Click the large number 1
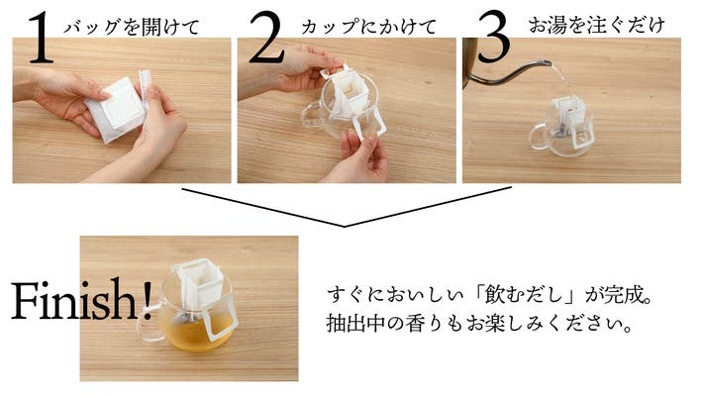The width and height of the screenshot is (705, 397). point(41,38)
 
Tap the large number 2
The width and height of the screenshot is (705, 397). point(266,38)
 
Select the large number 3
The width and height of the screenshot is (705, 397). point(494,37)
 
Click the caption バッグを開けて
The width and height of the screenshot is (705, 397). point(132,27)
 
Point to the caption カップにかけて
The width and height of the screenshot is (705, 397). point(368,27)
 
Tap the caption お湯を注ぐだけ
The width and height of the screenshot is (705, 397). point(596,25)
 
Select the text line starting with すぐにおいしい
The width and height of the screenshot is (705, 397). point(489,295)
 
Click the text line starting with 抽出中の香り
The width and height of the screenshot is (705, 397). point(480,324)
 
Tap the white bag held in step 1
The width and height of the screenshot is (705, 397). point(116,110)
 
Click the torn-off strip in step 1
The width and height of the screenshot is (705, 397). point(145,90)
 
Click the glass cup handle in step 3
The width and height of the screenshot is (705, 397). point(538,138)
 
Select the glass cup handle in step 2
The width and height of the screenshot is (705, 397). point(309,116)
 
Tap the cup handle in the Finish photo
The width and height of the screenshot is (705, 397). point(150,322)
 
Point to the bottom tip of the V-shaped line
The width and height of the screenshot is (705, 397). point(344,226)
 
